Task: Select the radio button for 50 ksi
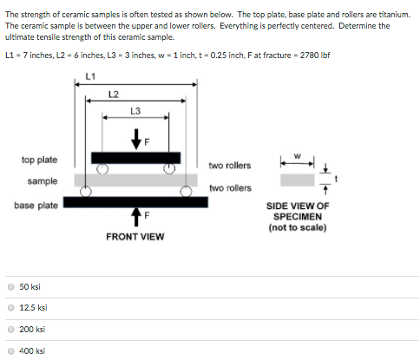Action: click(10, 287)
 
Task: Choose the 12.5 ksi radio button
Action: click(10, 308)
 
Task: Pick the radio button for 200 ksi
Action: click(10, 330)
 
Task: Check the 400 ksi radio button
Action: click(10, 350)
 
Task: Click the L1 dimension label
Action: click(90, 76)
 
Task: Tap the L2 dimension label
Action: click(114, 94)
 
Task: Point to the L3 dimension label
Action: click(135, 110)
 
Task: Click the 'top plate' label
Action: click(40, 160)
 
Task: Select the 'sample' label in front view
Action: click(43, 181)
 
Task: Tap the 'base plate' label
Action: click(36, 205)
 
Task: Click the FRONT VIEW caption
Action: click(135, 236)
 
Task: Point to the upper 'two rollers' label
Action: click(230, 165)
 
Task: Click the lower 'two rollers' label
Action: click(230, 187)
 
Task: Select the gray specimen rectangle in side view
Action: click(297, 180)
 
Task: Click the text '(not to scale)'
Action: click(298, 227)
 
